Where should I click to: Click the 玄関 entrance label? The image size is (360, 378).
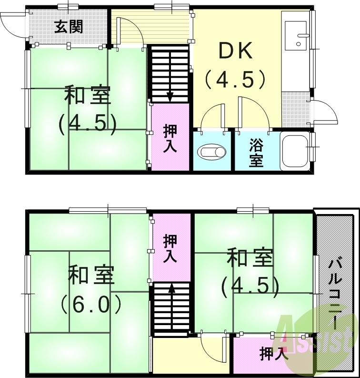pyautogui.click(x=68, y=27)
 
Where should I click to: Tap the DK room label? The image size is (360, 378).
pyautogui.click(x=235, y=51)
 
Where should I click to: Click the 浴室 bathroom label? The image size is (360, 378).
pyautogui.click(x=256, y=153)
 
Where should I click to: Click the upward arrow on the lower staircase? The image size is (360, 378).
pyautogui.click(x=171, y=288)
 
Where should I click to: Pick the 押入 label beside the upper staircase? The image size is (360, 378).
pyautogui.click(x=170, y=138)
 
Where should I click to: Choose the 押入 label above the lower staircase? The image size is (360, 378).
pyautogui.click(x=170, y=248)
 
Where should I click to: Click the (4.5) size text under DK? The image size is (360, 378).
pyautogui.click(x=235, y=79)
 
